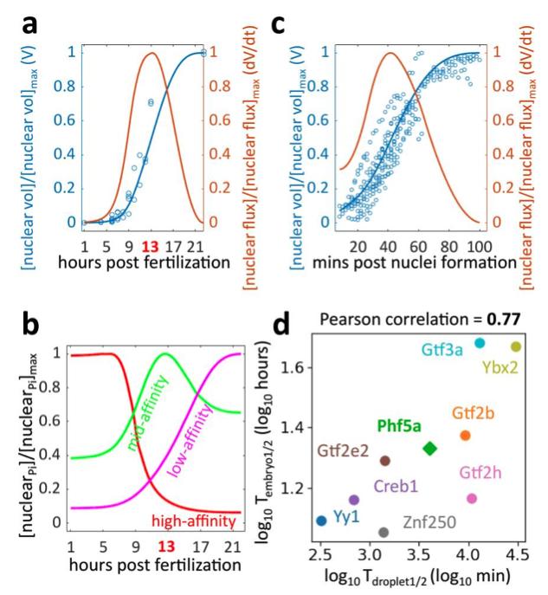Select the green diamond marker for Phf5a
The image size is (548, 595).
(x=430, y=448)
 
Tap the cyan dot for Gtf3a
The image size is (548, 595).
(x=480, y=343)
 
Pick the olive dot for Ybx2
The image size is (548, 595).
(x=516, y=346)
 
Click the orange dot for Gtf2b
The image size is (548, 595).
(x=465, y=435)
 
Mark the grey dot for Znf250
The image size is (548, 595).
(x=384, y=532)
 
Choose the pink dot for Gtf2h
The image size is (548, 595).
(x=472, y=498)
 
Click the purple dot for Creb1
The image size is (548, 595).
(x=353, y=500)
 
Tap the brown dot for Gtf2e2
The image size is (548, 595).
(x=384, y=461)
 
